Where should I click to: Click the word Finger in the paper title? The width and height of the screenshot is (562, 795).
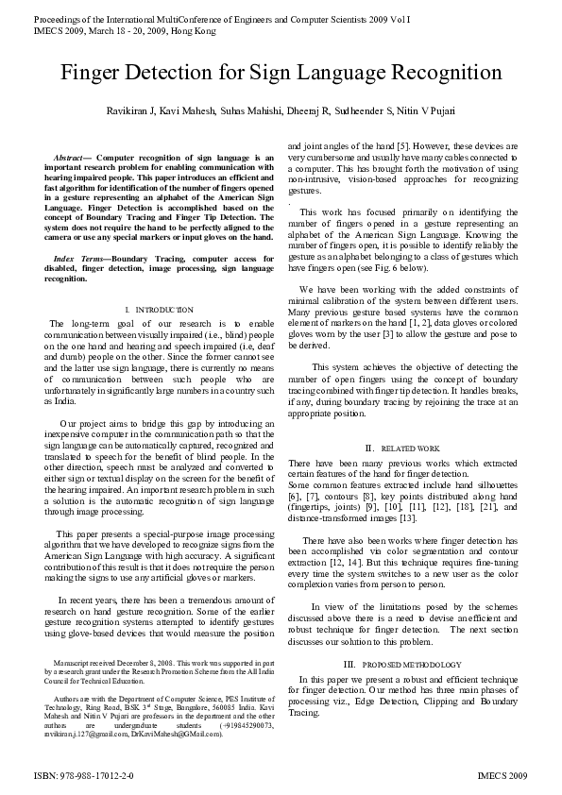click(x=101, y=75)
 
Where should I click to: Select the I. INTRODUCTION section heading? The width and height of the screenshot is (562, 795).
click(x=159, y=310)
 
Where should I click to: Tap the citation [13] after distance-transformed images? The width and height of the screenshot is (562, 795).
click(x=407, y=518)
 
